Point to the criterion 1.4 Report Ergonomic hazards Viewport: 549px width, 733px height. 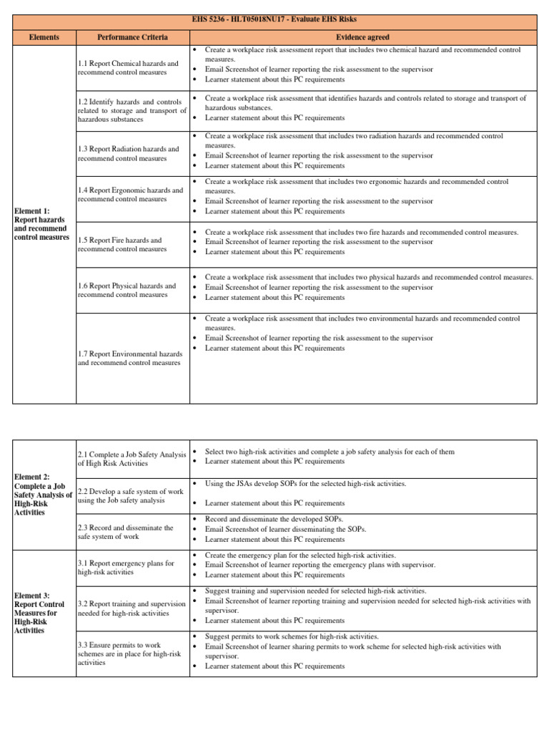[x=130, y=195]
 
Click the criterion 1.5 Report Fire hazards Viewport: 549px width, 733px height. [x=120, y=245]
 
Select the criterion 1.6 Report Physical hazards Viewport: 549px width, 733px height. [x=127, y=290]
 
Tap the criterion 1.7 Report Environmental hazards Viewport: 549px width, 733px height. [x=130, y=358]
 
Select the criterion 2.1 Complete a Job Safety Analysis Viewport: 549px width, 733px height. [x=130, y=458]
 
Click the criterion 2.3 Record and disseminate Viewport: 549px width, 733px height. [x=126, y=532]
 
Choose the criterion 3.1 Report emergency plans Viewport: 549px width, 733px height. [x=126, y=568]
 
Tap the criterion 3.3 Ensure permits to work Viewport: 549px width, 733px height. [x=126, y=654]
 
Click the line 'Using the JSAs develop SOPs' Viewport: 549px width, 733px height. [x=305, y=484]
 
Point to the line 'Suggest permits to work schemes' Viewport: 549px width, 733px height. [x=292, y=636]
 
